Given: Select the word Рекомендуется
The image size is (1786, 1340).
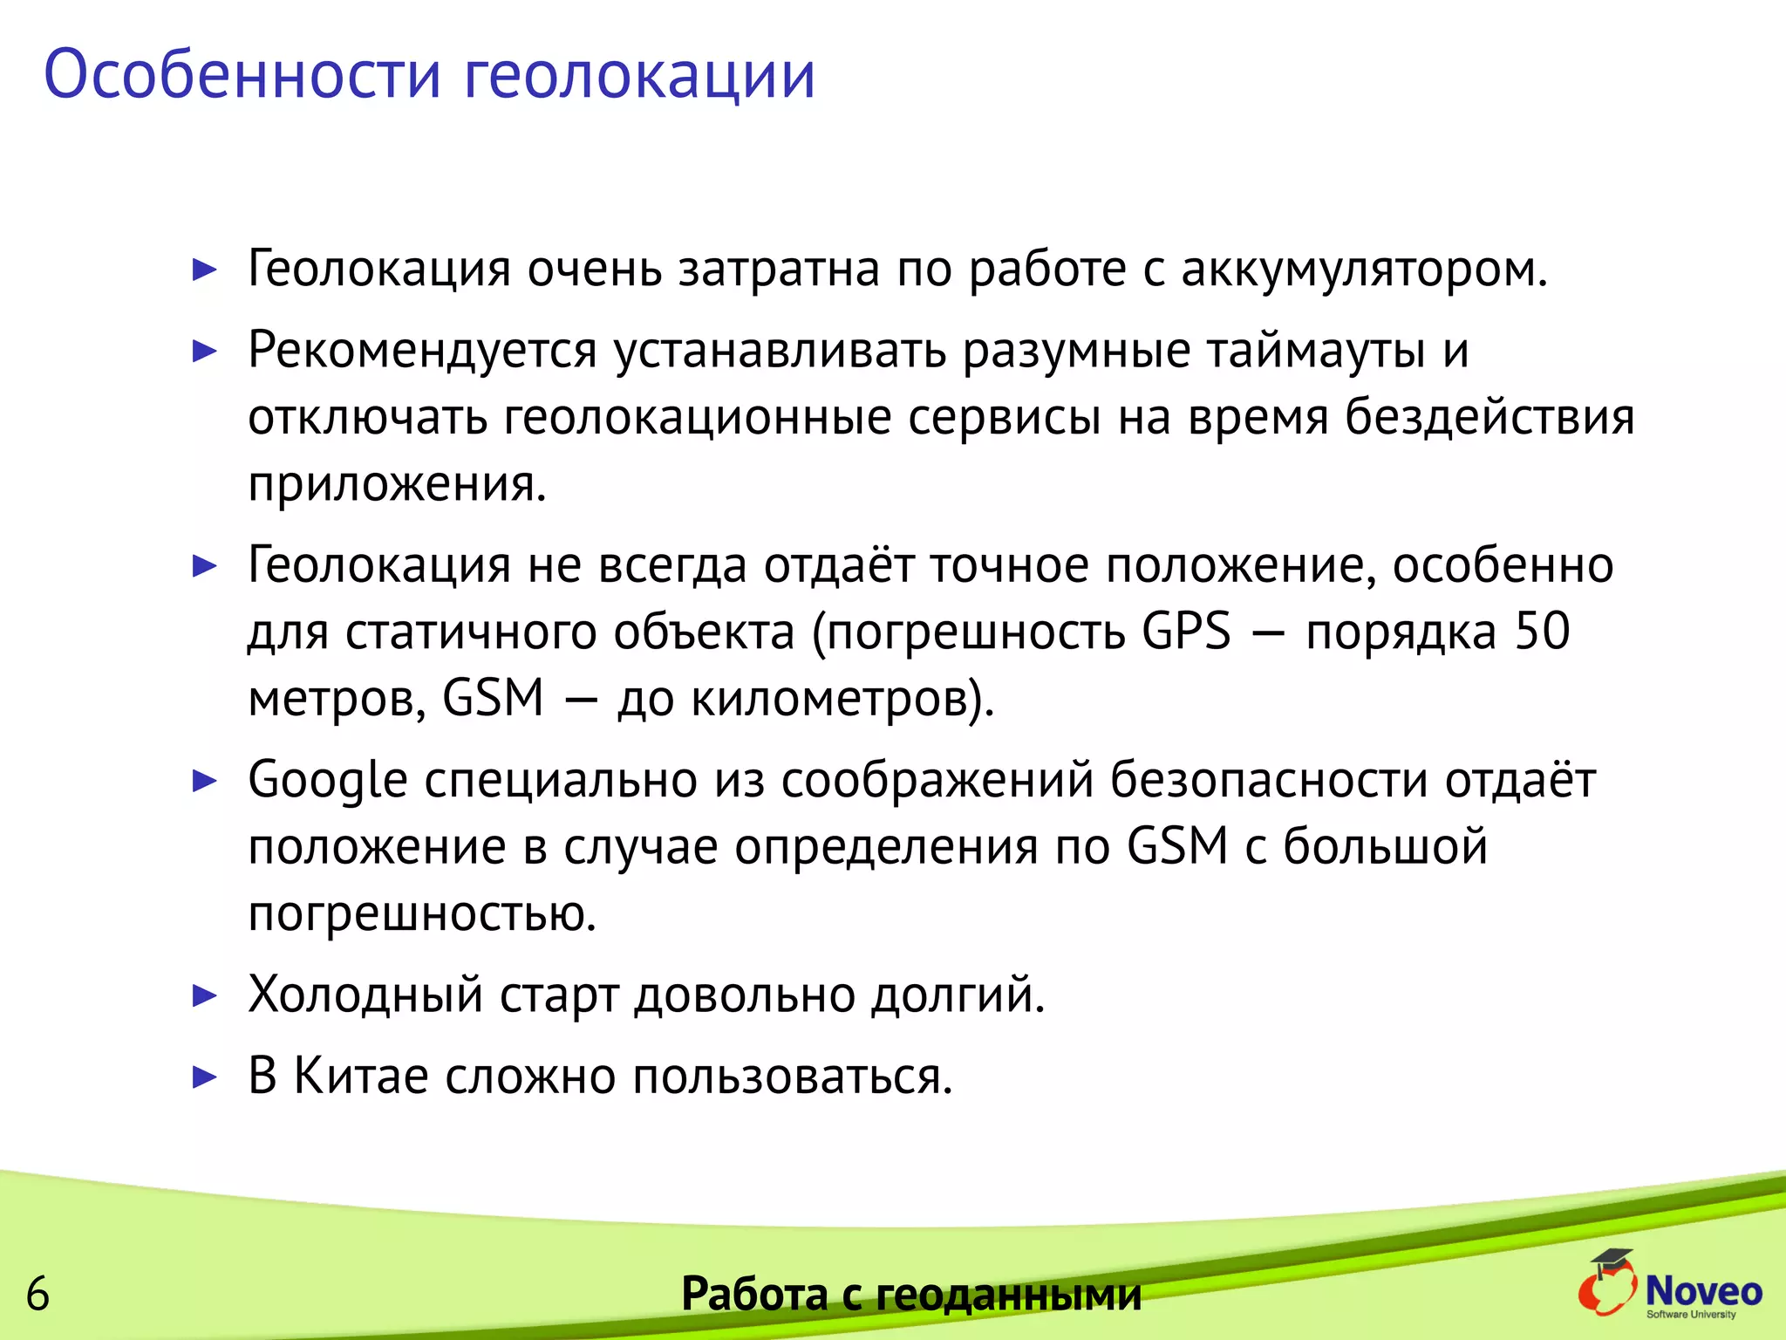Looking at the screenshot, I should tap(422, 351).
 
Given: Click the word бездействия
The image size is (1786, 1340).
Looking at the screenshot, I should tap(1489, 417).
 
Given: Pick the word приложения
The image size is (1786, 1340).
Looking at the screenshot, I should tap(396, 483).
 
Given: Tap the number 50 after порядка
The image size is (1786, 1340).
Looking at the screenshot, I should tap(1542, 631).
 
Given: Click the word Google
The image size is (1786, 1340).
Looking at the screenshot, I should tap(328, 780).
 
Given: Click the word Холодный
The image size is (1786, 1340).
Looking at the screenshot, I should tap(365, 995).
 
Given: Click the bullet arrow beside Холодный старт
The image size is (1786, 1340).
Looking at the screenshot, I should tap(204, 995).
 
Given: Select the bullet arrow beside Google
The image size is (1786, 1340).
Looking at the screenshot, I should tap(204, 780).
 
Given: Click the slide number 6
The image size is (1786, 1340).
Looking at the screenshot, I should tap(37, 1293).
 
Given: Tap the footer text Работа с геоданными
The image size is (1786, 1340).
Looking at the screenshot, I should tap(910, 1293).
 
